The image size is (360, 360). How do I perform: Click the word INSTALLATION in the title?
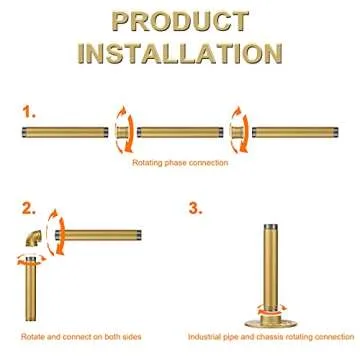pyautogui.click(x=180, y=51)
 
